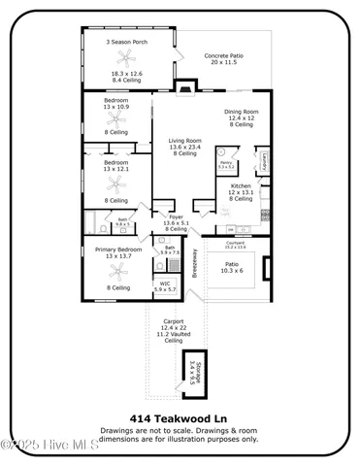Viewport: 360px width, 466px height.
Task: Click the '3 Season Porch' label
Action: click(x=126, y=43)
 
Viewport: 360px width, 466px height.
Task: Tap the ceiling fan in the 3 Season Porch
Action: click(x=126, y=61)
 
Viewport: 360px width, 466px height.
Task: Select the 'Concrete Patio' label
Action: click(x=223, y=56)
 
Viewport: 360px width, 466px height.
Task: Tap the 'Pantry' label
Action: click(x=225, y=162)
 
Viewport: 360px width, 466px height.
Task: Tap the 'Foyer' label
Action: click(x=176, y=216)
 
